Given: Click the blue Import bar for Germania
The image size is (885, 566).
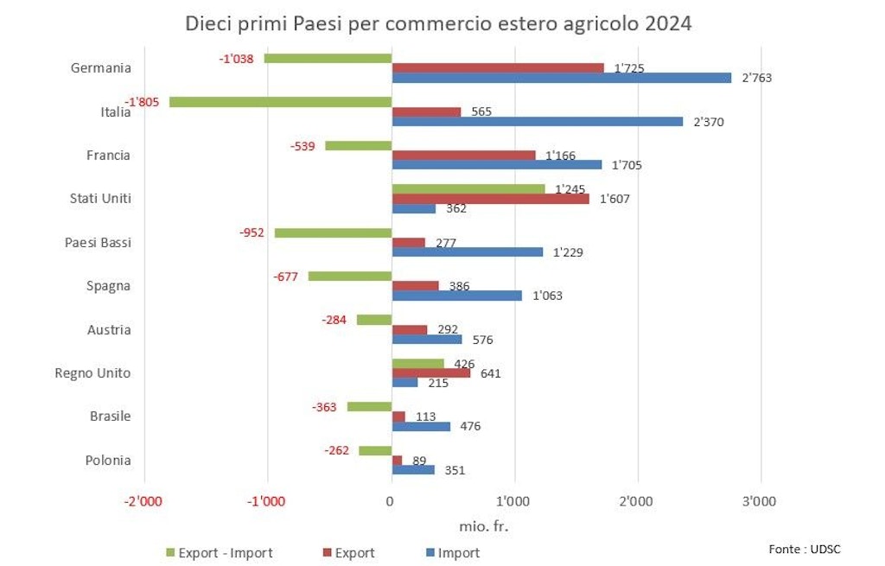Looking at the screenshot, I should (562, 78).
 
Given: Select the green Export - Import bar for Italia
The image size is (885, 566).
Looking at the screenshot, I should (281, 102).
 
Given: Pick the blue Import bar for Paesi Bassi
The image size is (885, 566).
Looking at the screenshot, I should (468, 252).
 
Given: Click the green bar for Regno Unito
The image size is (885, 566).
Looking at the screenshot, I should (417, 364).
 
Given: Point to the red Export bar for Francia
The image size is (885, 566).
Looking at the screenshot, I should (463, 156).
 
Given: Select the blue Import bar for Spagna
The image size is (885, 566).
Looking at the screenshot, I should (457, 296).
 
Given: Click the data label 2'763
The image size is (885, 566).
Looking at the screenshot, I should (756, 78).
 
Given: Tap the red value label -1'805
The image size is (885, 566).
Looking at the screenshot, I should (141, 102).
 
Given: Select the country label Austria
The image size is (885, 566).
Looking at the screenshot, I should (109, 329).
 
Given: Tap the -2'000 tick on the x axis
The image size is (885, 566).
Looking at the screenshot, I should (143, 501).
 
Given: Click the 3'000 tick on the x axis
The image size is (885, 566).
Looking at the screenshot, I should (761, 501).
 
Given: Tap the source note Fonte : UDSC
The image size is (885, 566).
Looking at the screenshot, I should (804, 549).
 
